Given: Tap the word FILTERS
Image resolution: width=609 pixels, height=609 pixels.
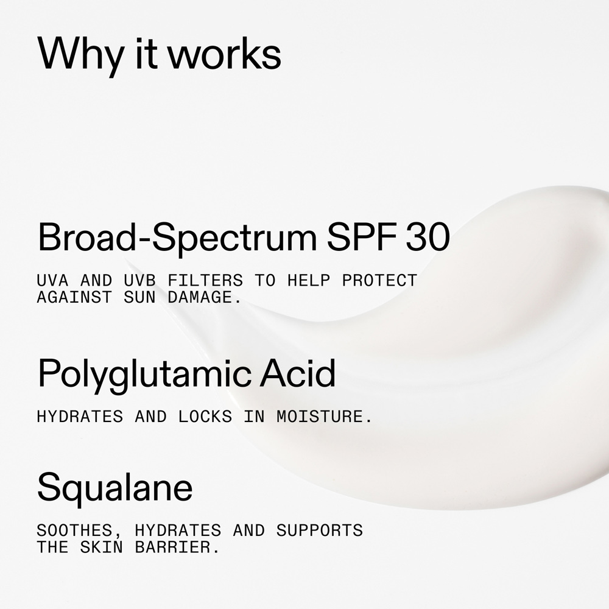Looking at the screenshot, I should coord(205,280).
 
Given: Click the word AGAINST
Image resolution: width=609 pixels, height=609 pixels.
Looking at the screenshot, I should coord(74,298).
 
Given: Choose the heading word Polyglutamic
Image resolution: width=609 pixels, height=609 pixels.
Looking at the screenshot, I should coord(144,375).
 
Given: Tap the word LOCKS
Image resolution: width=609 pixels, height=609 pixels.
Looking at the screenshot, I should coord(205,417).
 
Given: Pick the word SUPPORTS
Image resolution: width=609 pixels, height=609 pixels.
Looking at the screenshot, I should coord(319,530).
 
